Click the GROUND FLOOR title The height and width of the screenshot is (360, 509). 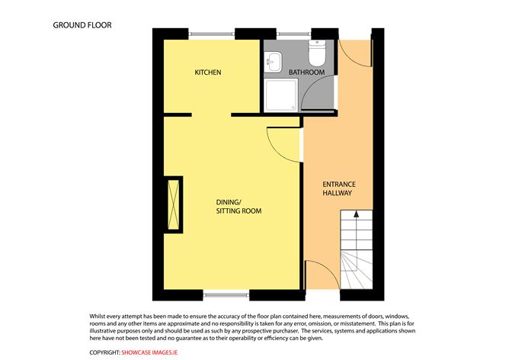[x=82, y=24]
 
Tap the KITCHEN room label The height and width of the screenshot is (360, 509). [x=207, y=72]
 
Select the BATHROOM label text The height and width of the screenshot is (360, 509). [x=306, y=72]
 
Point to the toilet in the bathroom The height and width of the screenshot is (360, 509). [x=317, y=53]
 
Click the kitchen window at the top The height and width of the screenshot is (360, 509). [x=213, y=33]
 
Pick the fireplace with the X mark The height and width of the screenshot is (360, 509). [x=174, y=203]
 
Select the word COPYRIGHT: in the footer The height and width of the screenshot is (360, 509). [x=105, y=352]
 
